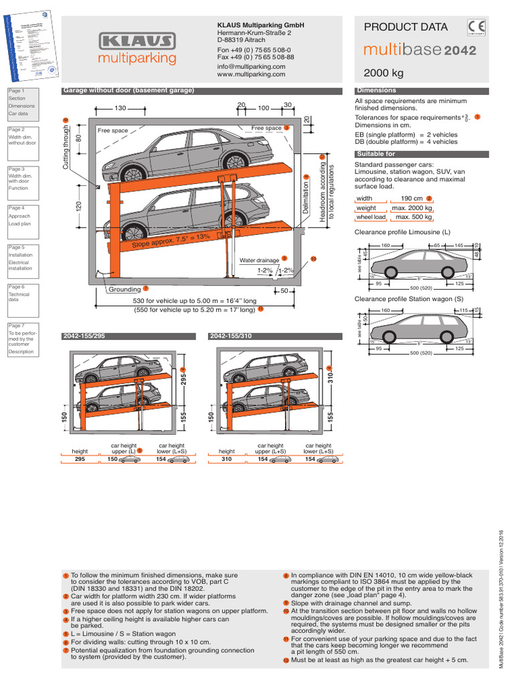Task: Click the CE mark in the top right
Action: point(477,27)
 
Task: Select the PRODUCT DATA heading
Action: point(406,27)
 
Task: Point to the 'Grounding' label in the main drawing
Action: point(125,290)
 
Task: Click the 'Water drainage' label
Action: point(260,260)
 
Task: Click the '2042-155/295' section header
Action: point(85,336)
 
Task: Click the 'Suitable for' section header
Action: point(376,154)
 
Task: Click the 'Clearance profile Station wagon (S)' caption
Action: point(409,299)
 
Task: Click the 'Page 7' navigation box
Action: point(25,338)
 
